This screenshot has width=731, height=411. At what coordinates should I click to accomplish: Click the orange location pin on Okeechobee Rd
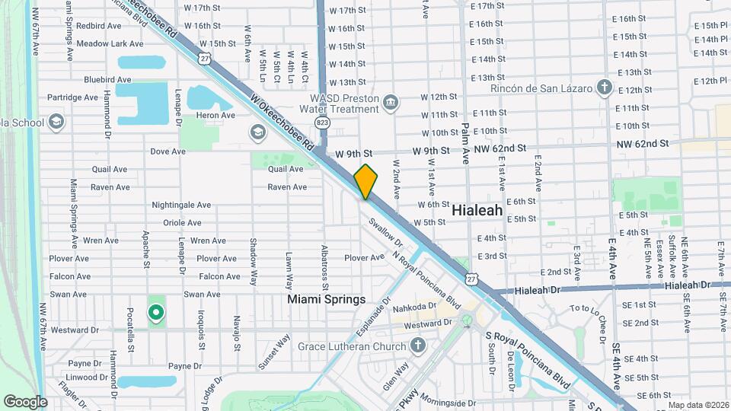[x=366, y=182]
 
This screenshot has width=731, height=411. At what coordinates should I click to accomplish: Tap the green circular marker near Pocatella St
[x=156, y=312]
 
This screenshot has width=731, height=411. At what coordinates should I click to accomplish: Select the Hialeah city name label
[x=477, y=209]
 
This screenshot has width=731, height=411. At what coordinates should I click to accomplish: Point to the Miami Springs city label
[x=327, y=300]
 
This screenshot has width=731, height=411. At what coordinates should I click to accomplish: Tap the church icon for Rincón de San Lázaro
[x=605, y=88]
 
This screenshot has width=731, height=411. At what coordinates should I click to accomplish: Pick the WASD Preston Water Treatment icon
[x=391, y=103]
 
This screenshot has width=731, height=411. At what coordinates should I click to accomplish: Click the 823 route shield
[x=322, y=123]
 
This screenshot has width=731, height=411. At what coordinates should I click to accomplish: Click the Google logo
[x=25, y=401]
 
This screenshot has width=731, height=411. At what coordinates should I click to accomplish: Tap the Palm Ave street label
[x=465, y=145]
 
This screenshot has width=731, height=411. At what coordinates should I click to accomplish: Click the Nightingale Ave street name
[x=181, y=205]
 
